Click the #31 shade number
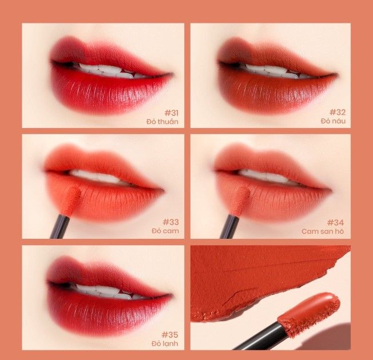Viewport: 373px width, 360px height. (x=171, y=113)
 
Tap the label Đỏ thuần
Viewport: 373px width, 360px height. (x=162, y=121)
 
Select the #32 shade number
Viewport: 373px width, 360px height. (x=338, y=112)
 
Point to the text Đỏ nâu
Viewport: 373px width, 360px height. (x=333, y=121)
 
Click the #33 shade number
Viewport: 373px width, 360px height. (x=170, y=222)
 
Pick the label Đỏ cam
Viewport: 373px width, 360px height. (x=165, y=231)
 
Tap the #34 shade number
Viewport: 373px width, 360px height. (x=335, y=223)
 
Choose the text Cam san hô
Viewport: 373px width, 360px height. (x=323, y=231)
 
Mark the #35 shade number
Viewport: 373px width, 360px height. (x=170, y=335)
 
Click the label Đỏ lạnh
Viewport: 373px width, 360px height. (x=165, y=343)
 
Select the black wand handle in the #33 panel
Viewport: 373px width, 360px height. (x=60, y=226)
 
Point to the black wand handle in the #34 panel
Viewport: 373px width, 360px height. (x=229, y=226)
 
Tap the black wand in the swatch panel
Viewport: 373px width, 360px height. (x=259, y=337)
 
